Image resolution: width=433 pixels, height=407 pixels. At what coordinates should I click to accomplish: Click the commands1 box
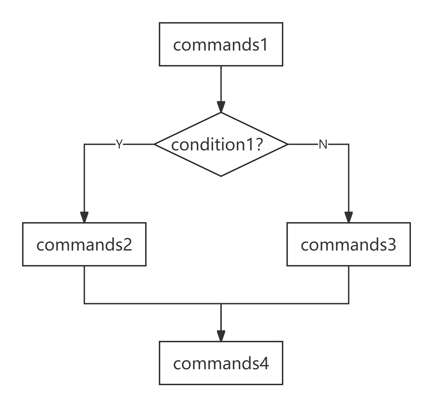(x=221, y=44)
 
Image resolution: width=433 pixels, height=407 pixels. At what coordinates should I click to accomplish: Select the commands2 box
(x=84, y=244)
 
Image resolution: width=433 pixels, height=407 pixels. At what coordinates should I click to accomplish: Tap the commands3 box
(x=349, y=244)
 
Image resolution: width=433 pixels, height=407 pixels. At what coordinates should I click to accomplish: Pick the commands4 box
(x=221, y=363)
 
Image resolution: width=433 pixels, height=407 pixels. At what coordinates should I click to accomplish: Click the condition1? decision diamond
(x=221, y=144)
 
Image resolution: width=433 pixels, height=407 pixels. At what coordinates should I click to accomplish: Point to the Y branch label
(x=119, y=145)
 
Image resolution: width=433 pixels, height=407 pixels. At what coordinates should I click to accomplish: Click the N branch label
(x=323, y=145)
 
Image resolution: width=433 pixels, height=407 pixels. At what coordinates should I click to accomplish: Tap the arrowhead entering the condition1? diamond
(x=221, y=107)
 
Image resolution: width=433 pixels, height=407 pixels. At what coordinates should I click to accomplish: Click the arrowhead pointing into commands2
(x=84, y=217)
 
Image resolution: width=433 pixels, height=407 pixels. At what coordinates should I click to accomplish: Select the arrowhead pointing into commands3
(x=349, y=217)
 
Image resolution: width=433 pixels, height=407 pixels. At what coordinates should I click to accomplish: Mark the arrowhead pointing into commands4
(x=221, y=336)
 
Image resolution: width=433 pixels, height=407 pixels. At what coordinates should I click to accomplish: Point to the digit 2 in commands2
(x=128, y=244)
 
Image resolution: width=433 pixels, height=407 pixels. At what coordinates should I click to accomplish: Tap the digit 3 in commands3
(x=392, y=244)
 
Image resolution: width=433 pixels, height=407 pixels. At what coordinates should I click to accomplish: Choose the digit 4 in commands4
(x=264, y=363)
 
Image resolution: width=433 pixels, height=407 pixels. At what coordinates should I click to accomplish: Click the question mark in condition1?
(x=259, y=145)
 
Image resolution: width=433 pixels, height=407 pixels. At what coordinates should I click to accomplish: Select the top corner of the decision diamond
(x=221, y=113)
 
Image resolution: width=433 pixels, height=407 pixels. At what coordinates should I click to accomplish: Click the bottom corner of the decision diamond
(x=221, y=176)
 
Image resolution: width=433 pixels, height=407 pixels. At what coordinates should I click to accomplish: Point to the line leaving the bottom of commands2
(x=84, y=285)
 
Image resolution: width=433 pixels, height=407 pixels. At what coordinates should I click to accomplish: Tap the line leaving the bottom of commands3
(x=349, y=285)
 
